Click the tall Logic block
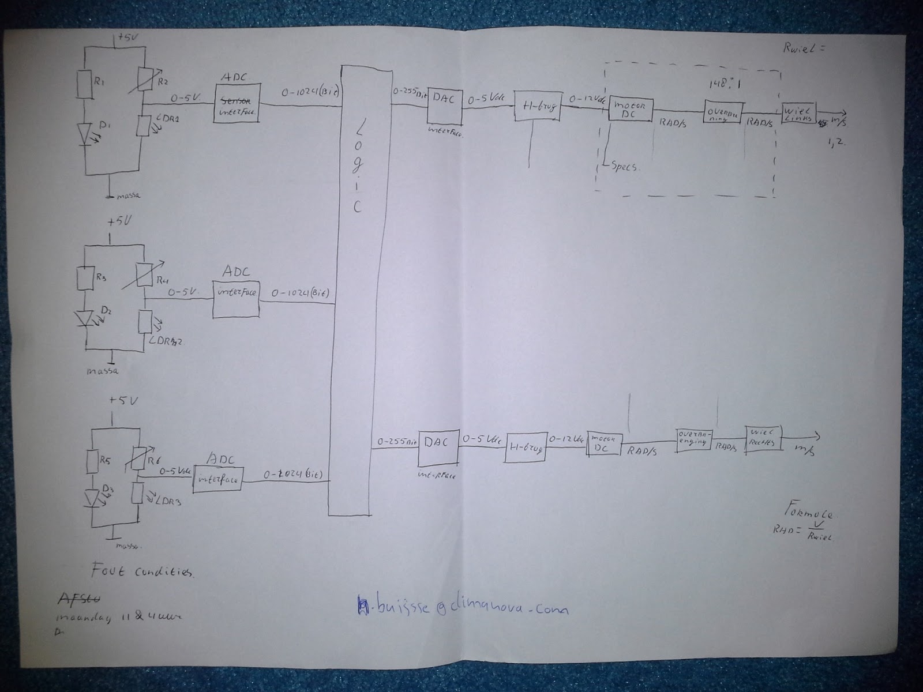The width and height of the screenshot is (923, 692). [x=356, y=288]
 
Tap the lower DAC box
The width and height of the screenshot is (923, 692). [x=438, y=448]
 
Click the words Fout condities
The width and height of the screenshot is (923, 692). [x=143, y=572]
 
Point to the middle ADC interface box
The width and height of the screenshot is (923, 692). [x=236, y=299]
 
